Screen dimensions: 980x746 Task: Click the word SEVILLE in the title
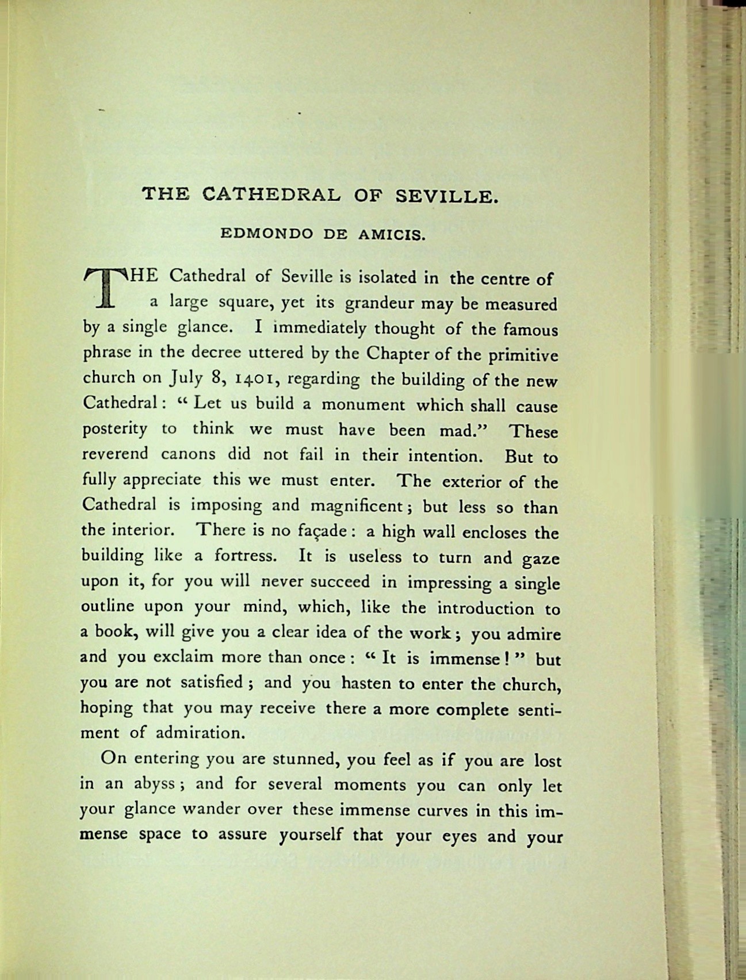tap(446, 197)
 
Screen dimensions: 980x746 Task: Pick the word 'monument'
tap(363, 405)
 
